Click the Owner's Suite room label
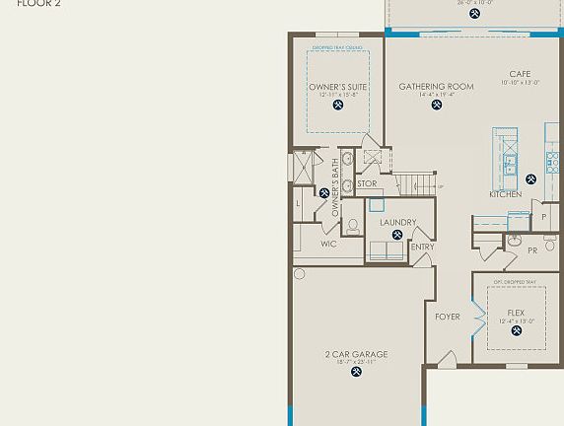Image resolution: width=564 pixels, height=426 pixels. [338, 87]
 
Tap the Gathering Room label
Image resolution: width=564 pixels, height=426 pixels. [436, 87]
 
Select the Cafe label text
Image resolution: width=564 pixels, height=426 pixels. [520, 74]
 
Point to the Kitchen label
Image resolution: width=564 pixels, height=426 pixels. [506, 194]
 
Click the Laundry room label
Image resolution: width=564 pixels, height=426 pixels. [397, 223]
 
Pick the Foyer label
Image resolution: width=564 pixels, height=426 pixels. [448, 317]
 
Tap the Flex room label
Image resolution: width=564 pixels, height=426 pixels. [517, 312]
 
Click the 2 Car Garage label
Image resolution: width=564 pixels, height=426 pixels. [356, 354]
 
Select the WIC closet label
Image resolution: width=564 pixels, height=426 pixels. [329, 244]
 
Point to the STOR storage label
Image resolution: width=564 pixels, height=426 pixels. [367, 183]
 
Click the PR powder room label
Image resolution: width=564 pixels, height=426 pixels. [532, 250]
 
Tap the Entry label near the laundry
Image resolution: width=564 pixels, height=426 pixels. [422, 247]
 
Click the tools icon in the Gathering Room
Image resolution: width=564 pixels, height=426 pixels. [436, 105]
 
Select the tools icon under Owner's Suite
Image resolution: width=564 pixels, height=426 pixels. [338, 106]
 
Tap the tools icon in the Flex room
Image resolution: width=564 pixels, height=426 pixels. [517, 331]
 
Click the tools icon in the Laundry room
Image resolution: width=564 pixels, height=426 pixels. [397, 236]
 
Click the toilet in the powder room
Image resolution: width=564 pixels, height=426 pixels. [550, 243]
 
